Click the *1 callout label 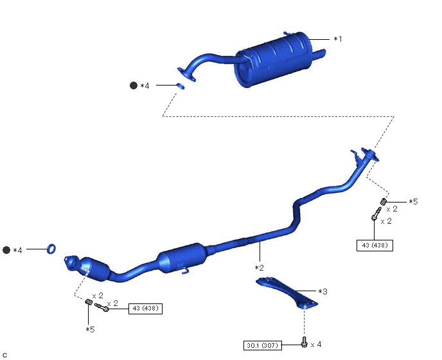tap(338, 39)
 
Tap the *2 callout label tap(259, 267)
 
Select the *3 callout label tap(323, 291)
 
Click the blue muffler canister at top tap(273, 60)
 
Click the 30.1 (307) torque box tap(262, 345)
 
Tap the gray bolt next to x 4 tap(304, 341)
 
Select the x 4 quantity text tap(315, 345)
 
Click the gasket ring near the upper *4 tap(181, 86)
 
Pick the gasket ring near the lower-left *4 tap(51, 249)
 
